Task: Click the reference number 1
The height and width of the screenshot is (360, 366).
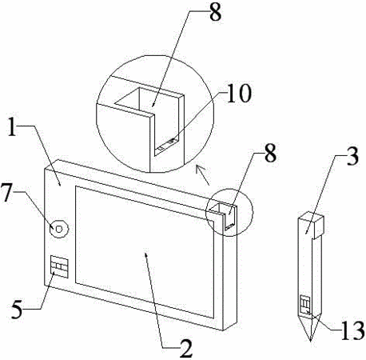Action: point(13,127)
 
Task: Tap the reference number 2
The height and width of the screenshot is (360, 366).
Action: point(186,349)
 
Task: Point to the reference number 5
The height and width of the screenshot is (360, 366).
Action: point(18,309)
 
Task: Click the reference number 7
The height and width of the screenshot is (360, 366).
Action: point(6,192)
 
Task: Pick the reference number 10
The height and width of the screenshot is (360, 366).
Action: point(239,93)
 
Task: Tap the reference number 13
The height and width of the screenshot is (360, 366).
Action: point(352,330)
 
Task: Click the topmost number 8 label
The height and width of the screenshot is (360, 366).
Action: point(215,13)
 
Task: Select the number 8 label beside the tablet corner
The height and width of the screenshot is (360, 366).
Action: point(270,154)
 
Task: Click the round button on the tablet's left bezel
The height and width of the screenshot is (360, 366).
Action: point(60,229)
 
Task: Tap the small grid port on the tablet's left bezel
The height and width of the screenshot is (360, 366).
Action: point(58,266)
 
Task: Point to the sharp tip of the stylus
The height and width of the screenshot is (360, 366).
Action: point(311,341)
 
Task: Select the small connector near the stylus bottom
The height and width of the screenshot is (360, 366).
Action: point(305,305)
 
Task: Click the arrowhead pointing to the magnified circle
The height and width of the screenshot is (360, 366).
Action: point(198,169)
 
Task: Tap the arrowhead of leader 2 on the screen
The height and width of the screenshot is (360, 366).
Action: point(145,255)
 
